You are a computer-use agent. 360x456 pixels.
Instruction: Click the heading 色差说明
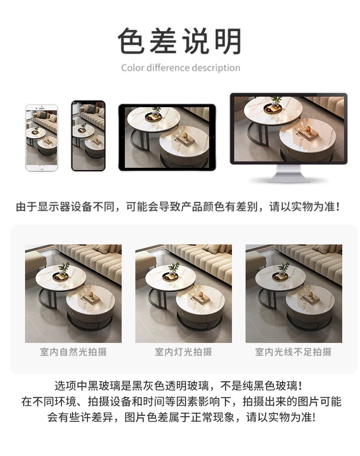click(180, 41)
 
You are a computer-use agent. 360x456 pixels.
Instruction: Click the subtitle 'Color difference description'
click(180, 68)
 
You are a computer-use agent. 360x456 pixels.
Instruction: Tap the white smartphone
click(41, 138)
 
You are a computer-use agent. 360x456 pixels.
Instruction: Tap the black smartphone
click(88, 136)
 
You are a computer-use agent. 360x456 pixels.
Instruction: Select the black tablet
click(167, 137)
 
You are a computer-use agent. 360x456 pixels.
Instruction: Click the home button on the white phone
click(41, 167)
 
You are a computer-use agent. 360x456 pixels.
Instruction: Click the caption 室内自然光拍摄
click(73, 352)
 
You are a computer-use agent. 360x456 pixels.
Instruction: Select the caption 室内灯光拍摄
click(183, 352)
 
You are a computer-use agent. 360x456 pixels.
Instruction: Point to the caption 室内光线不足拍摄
click(293, 352)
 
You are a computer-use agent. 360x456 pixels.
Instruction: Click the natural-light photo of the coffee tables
click(73, 293)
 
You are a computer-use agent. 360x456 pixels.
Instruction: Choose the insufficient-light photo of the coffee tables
click(294, 293)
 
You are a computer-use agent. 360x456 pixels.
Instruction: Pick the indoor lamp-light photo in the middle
click(184, 293)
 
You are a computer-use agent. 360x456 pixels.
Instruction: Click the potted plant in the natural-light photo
click(64, 269)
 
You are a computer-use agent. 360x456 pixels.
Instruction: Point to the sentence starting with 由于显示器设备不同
click(178, 207)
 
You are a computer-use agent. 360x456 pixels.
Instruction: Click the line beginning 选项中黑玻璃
click(179, 386)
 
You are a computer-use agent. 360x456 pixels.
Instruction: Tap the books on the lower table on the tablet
click(185, 139)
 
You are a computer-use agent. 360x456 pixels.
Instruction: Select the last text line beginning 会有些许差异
click(181, 417)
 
